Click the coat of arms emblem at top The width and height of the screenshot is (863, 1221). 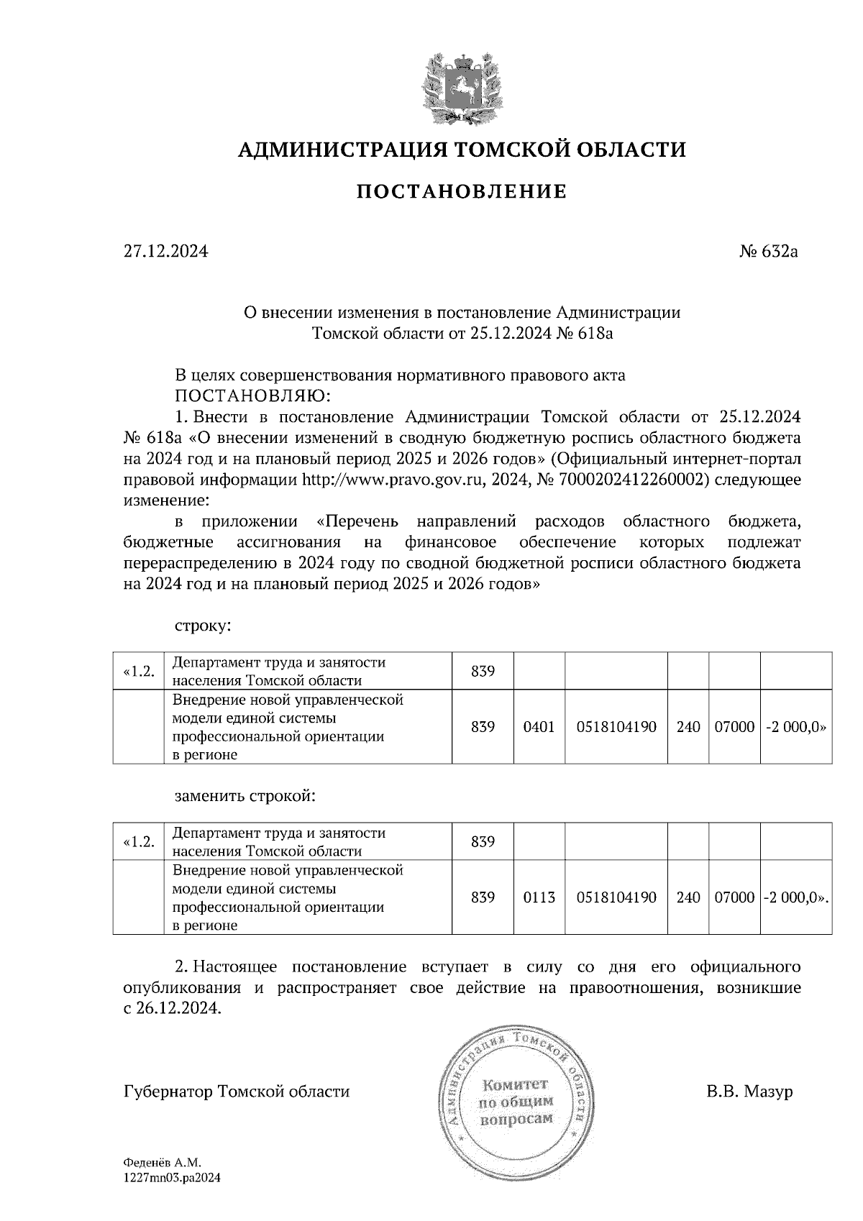461,86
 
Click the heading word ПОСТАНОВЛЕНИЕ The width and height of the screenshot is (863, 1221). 462,191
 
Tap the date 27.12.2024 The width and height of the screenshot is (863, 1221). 165,252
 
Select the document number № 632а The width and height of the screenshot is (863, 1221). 769,252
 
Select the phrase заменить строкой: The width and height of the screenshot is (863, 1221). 245,796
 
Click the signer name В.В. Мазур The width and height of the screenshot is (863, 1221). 749,1092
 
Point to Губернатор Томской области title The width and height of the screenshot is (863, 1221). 237,1092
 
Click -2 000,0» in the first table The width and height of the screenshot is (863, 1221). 795,727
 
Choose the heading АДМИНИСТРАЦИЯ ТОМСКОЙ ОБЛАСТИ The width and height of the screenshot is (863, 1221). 462,150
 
